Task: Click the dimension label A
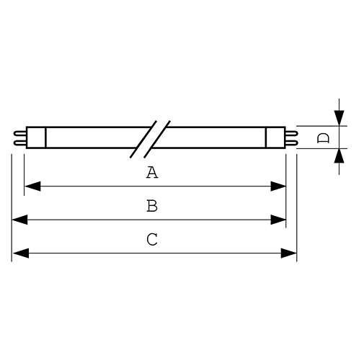click(152, 172)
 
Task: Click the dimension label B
click(152, 206)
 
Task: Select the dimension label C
click(152, 239)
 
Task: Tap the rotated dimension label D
click(323, 138)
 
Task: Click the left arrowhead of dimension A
click(32, 186)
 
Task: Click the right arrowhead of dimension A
click(278, 186)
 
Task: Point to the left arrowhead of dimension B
click(19, 220)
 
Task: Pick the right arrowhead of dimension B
click(278, 220)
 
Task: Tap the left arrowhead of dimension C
click(21, 253)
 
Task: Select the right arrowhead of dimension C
click(289, 253)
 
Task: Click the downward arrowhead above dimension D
click(339, 118)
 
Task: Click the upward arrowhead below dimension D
click(339, 156)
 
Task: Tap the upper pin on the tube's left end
click(20, 133)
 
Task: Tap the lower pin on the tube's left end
click(20, 143)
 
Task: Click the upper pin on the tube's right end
click(291, 133)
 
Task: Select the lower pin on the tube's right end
click(291, 143)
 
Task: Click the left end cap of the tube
click(36, 138)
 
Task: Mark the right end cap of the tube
click(275, 138)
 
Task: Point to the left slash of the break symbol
click(143, 139)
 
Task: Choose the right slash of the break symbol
click(157, 139)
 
